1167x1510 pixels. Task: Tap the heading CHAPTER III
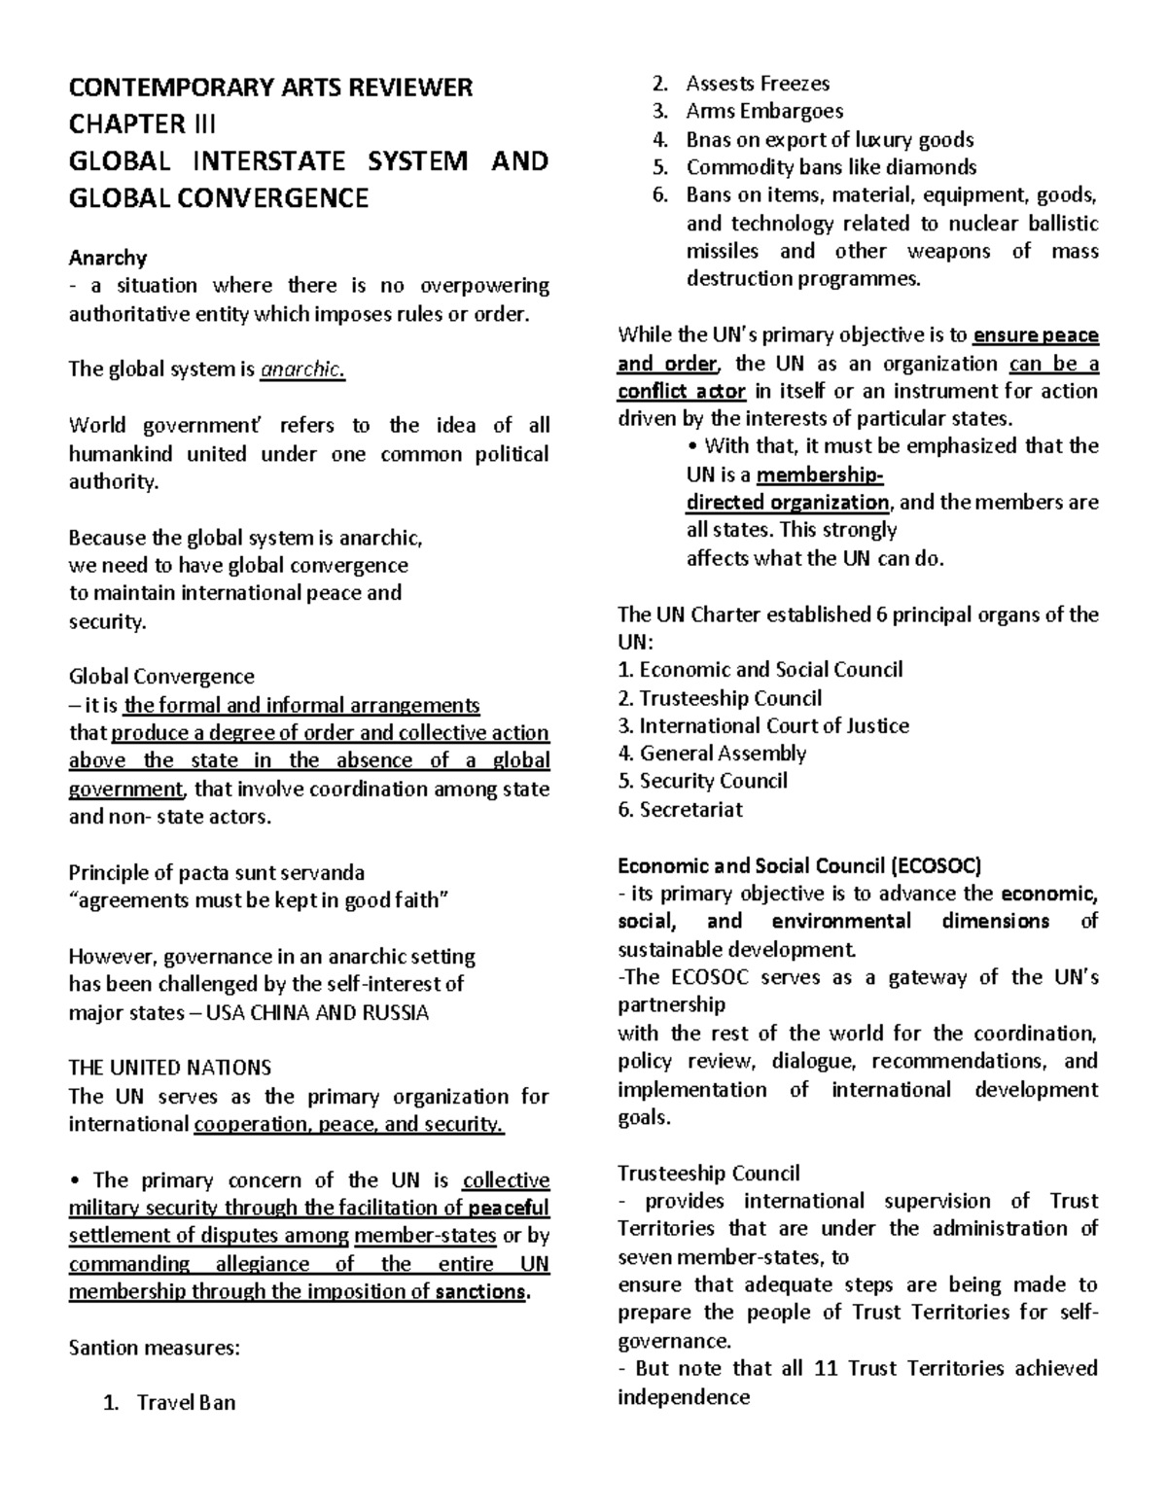[142, 124]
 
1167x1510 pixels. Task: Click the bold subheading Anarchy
[107, 258]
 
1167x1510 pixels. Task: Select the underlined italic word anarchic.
[303, 369]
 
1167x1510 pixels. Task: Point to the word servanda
[320, 872]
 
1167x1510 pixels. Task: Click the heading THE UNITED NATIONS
[169, 1068]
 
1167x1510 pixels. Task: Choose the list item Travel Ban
[186, 1402]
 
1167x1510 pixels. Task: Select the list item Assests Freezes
[758, 84]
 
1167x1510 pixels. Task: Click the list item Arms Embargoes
[764, 111]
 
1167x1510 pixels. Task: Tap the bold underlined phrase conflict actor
[682, 392]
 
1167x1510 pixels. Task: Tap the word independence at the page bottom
[684, 1397]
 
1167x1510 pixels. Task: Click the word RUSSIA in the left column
[394, 1012]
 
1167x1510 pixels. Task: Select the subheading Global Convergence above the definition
[161, 677]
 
